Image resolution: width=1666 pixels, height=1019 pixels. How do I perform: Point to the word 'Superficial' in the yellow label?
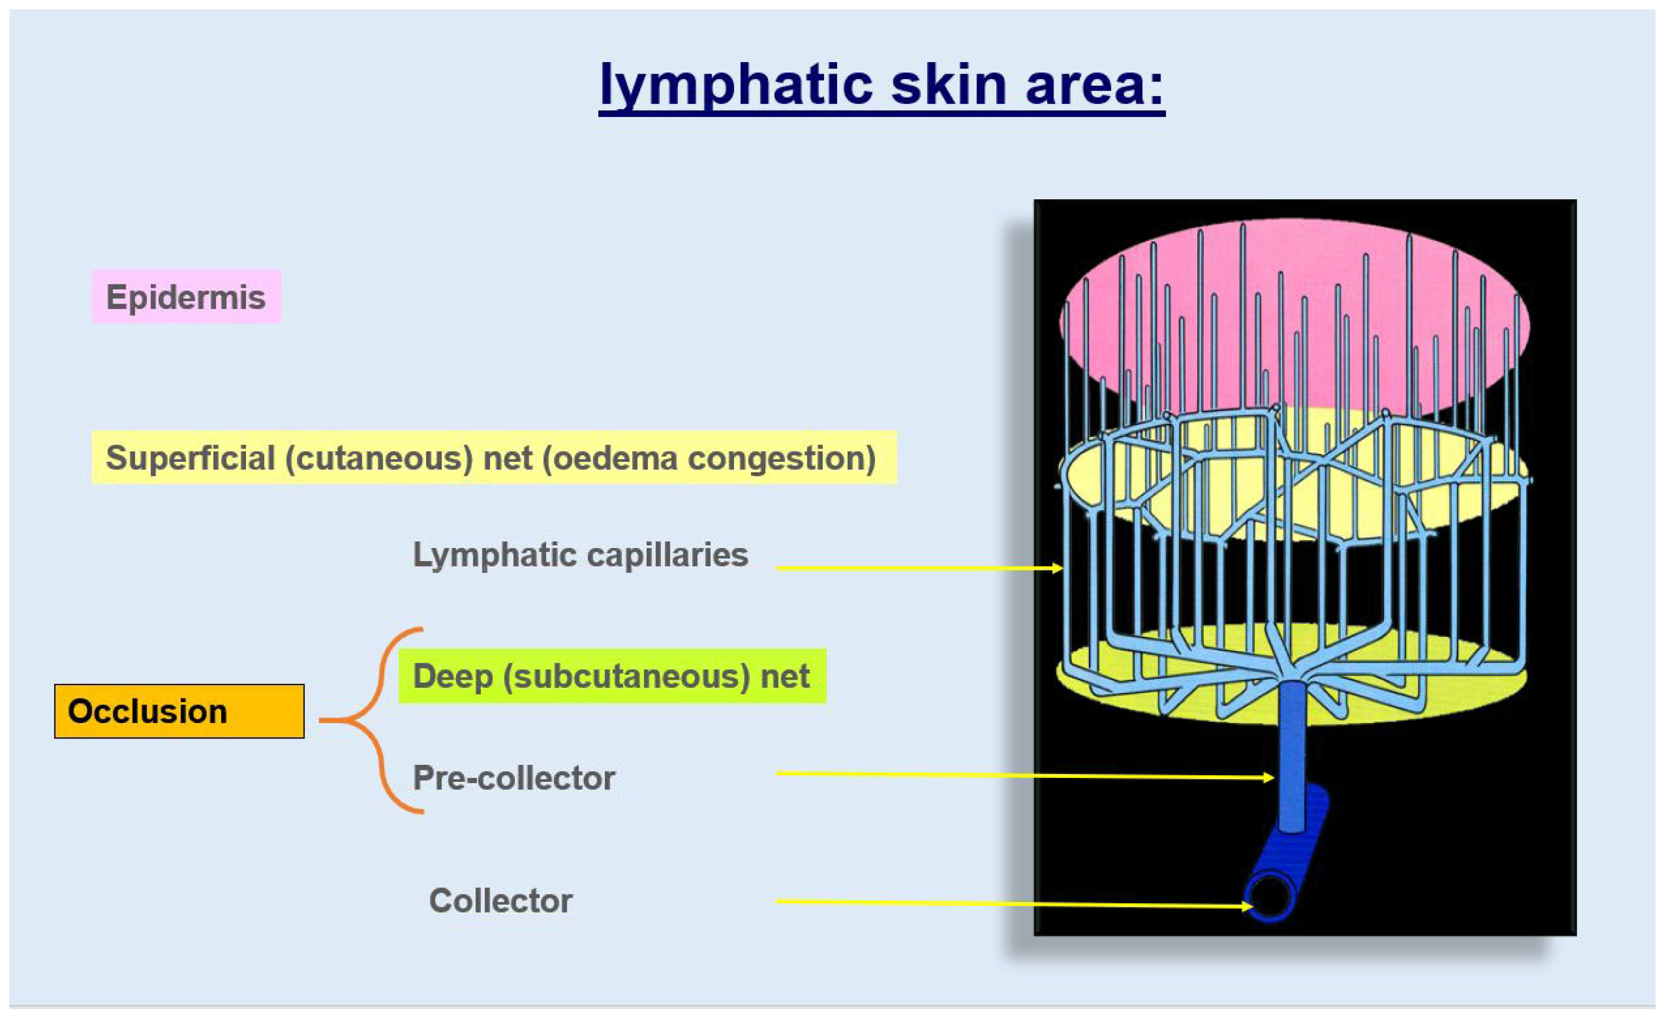[x=190, y=458]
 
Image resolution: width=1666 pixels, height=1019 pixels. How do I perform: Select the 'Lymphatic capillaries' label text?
[x=580, y=555]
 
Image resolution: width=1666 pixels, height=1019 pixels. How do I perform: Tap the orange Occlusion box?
[x=179, y=712]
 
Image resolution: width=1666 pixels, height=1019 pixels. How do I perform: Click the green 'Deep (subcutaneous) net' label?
[x=612, y=676]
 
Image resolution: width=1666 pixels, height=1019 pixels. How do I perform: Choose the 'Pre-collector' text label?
[x=514, y=777]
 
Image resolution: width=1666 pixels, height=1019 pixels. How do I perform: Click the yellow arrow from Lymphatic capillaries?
[x=919, y=568]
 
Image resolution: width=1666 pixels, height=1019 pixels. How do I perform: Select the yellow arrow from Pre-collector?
[x=1025, y=776]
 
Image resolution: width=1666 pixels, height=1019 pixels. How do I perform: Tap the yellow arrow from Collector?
[x=1014, y=903]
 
